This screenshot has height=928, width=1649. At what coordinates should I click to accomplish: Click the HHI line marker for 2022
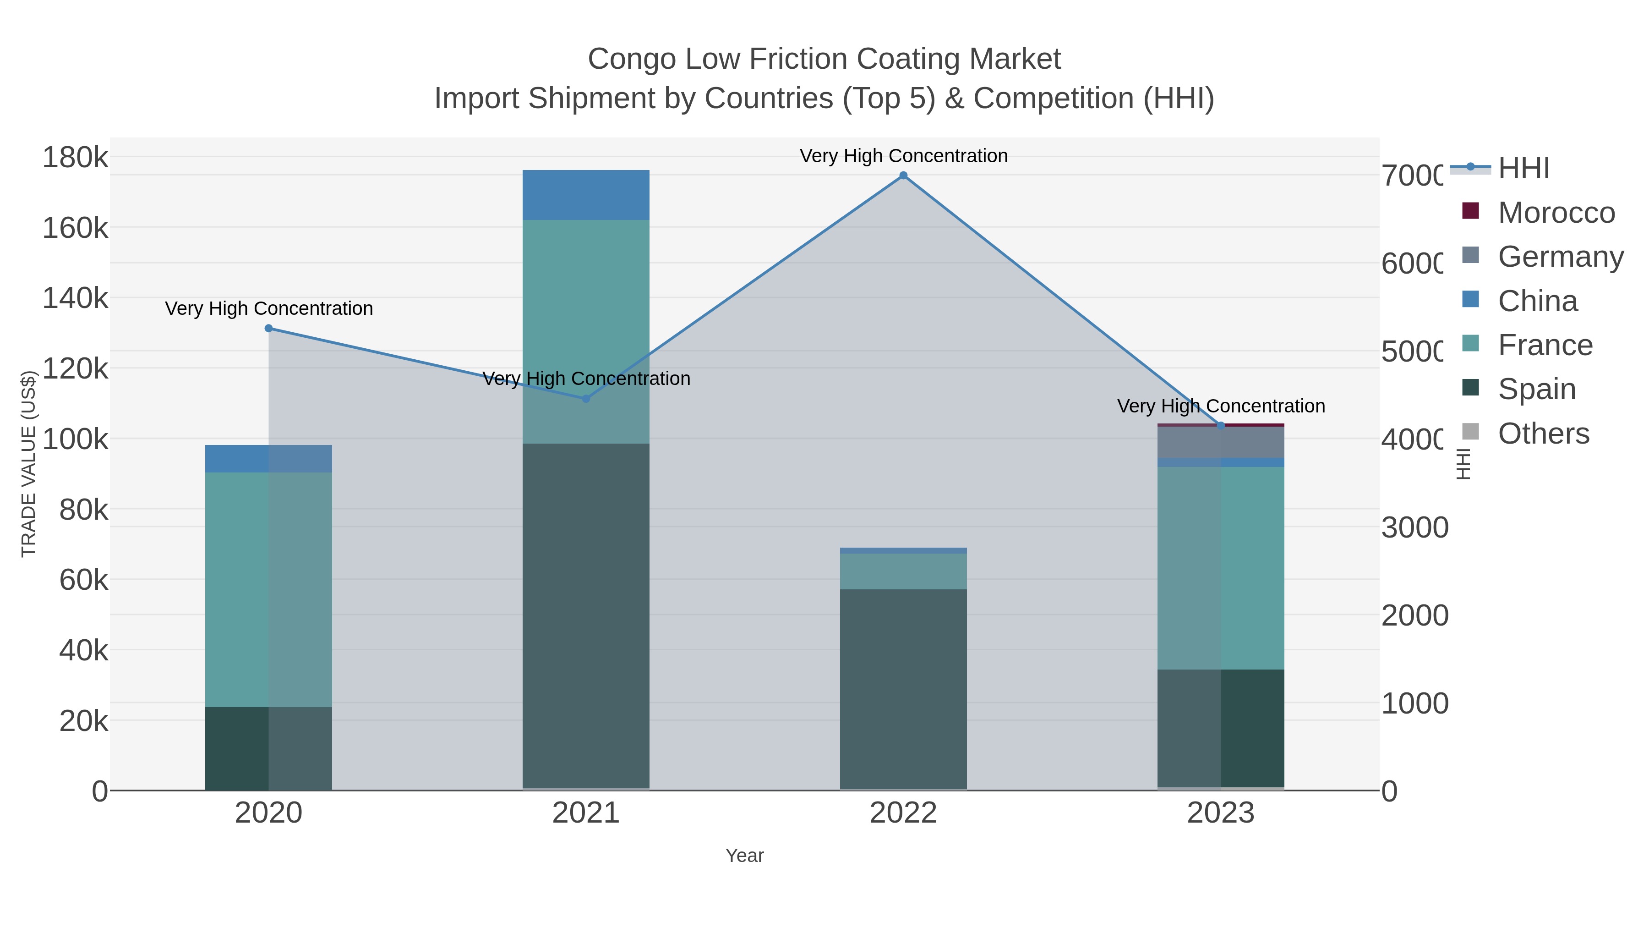pyautogui.click(x=903, y=176)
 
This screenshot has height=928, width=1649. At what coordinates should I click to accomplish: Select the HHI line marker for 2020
pyautogui.click(x=269, y=329)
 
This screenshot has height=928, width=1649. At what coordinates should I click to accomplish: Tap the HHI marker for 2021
pyautogui.click(x=586, y=398)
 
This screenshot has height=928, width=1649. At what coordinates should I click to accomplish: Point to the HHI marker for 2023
pyautogui.click(x=1221, y=426)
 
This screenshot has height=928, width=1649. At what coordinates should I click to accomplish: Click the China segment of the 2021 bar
pyautogui.click(x=586, y=195)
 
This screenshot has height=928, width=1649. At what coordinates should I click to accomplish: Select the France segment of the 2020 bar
pyautogui.click(x=268, y=589)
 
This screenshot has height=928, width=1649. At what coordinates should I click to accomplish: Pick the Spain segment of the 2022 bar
pyautogui.click(x=903, y=688)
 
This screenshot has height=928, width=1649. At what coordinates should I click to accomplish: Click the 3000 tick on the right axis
pyautogui.click(x=1415, y=528)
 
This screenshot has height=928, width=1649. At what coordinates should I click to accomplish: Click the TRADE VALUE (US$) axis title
pyautogui.click(x=29, y=464)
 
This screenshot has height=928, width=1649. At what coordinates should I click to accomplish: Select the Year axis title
pyautogui.click(x=744, y=856)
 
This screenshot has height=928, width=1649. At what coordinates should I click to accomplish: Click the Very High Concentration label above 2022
pyautogui.click(x=903, y=156)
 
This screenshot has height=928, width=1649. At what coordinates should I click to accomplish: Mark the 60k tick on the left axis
pyautogui.click(x=83, y=580)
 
